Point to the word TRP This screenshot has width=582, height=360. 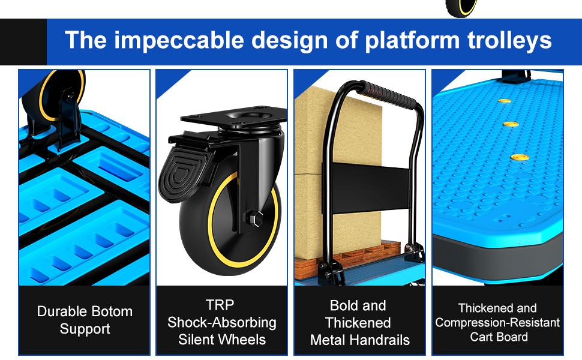[220, 305]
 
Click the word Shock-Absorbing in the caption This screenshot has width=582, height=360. [221, 323]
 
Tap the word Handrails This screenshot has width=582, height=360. [383, 340]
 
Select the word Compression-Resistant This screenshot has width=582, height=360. [497, 323]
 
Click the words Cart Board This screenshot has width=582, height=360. [499, 337]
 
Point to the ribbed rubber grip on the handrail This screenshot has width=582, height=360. [388, 95]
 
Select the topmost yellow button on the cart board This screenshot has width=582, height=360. [504, 101]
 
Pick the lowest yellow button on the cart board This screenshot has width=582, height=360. [520, 157]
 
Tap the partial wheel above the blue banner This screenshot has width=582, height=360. [461, 8]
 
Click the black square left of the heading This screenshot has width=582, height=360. [23, 42]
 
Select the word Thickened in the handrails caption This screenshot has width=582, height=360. [358, 323]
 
